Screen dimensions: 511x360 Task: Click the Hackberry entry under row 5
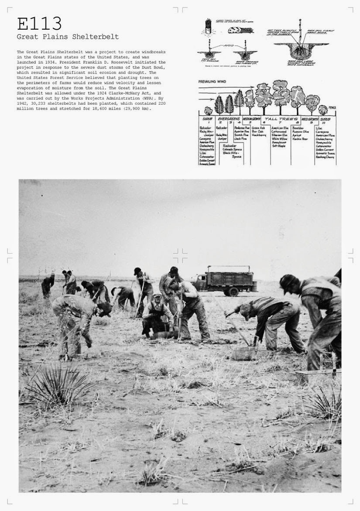[259, 135]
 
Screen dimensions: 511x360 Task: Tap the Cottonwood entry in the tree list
[279, 131]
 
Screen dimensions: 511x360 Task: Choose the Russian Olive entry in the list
[300, 131]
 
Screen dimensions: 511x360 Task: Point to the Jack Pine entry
[240, 139]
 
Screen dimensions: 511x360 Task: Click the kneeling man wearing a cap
[157, 315]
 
